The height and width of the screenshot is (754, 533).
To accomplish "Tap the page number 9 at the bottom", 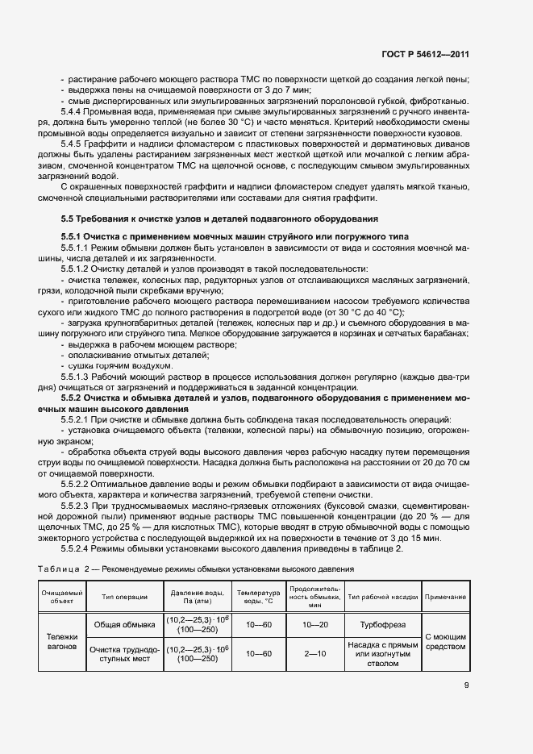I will (466, 687).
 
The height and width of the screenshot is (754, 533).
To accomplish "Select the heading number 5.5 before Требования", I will (69, 219).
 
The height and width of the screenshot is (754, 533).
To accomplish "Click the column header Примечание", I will (445, 597).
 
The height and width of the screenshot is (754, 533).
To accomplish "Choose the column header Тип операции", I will (125, 597).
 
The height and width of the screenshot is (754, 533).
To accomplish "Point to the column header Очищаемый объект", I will (61, 597).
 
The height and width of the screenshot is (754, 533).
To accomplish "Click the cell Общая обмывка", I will (125, 624).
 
